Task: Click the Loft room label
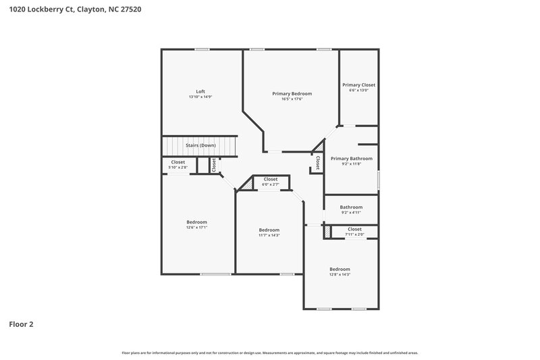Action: coord(200,91)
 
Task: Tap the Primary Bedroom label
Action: coord(292,93)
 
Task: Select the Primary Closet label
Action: coord(358,85)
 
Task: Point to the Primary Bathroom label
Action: coord(351,159)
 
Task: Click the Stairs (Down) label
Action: coord(200,145)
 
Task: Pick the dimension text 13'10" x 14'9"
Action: coord(200,97)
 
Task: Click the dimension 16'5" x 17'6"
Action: coord(292,99)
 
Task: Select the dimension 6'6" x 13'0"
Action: coord(358,91)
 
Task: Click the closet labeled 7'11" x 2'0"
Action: coord(354,229)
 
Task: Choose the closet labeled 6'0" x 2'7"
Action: coord(270,179)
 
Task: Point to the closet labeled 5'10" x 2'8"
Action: coord(178,162)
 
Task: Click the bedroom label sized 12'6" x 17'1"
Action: coord(196,222)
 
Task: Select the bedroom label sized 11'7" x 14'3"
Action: coord(269,230)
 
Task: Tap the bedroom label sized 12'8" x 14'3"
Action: coord(340,269)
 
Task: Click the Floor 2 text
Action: coord(21,324)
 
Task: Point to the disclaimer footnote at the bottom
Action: coord(270,353)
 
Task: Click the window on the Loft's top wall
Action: coord(201,49)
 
